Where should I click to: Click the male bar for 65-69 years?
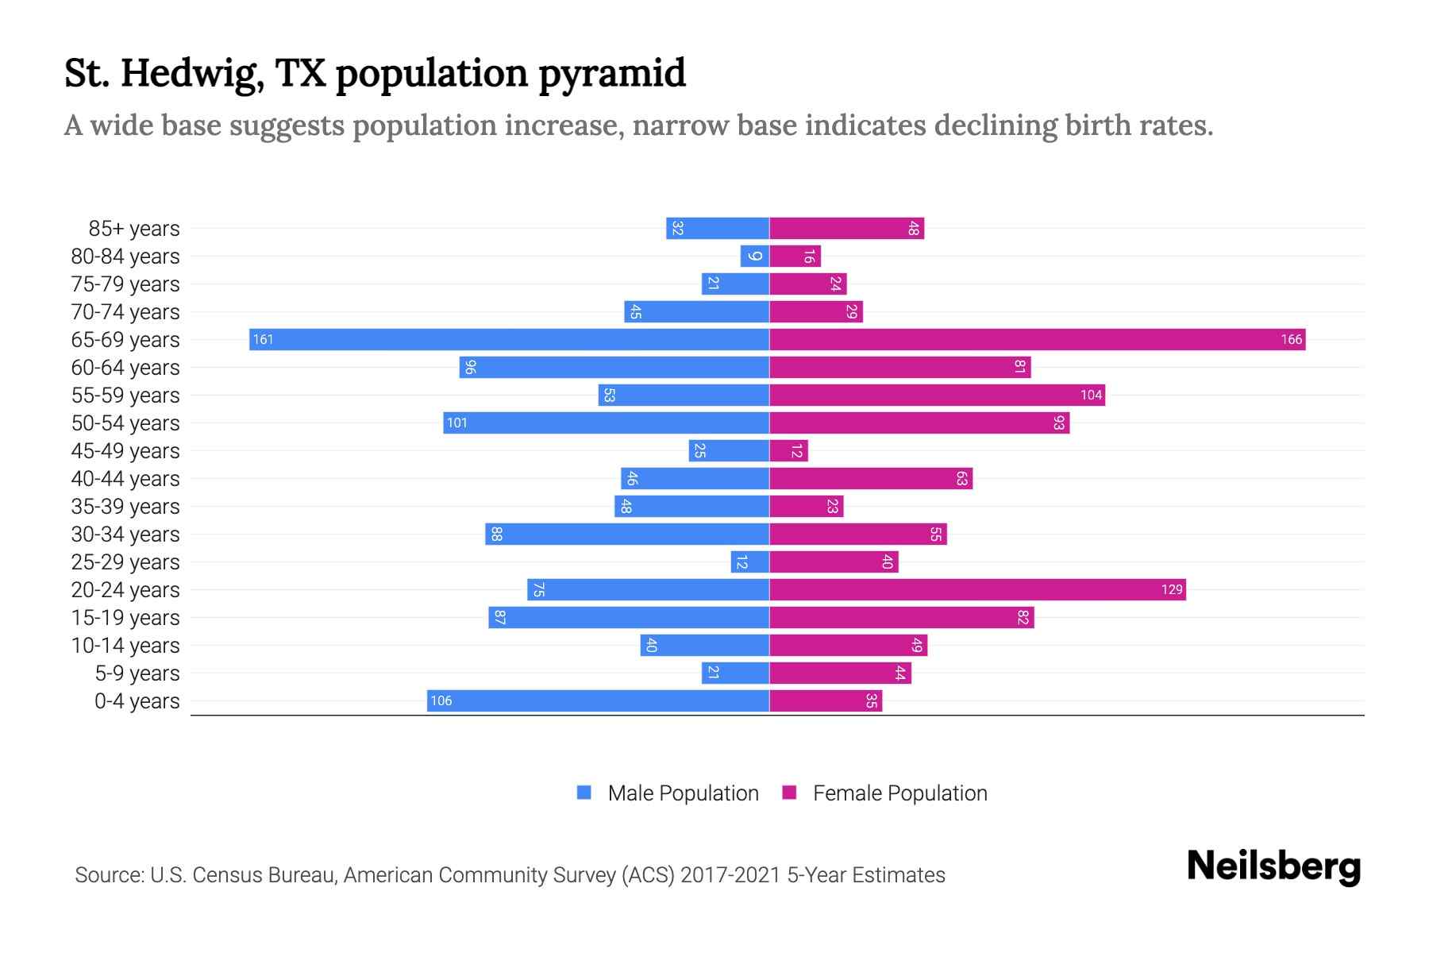coord(508,339)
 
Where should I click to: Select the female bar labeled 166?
coord(1036,339)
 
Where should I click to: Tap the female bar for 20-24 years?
coord(976,589)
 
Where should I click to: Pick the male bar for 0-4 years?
coord(597,700)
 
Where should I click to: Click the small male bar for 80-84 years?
coord(754,256)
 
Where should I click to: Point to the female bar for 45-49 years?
coord(788,450)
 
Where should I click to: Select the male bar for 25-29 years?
coord(749,561)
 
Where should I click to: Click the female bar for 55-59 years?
coord(937,395)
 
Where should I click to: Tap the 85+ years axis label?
coord(133,229)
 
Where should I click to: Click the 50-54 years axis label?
coord(125,423)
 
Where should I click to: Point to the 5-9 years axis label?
coord(137,673)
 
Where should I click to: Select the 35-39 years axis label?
coord(125,507)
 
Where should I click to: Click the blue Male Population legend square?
coord(584,793)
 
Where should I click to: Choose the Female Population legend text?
coord(899,793)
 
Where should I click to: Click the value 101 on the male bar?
coord(457,422)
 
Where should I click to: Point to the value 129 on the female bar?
coord(1171,589)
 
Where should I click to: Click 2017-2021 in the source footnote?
coord(730,875)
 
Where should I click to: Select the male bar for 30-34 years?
coord(627,534)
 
